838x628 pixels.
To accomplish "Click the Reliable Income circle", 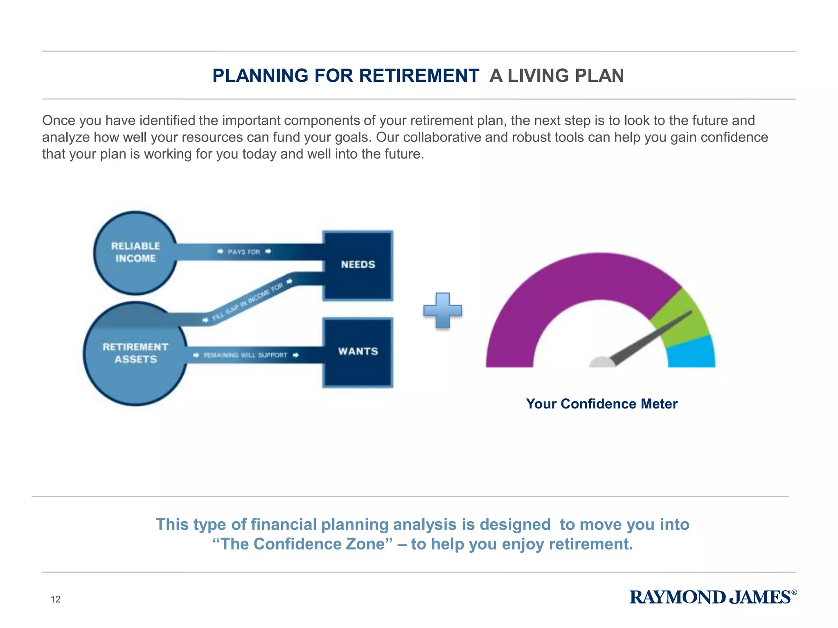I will (135, 253).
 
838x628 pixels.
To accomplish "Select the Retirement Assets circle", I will (135, 354).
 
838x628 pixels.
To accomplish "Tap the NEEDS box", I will (358, 265).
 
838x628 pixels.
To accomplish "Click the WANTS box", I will (358, 352).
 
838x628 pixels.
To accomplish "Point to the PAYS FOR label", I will (244, 252).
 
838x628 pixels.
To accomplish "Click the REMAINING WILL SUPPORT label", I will (246, 355).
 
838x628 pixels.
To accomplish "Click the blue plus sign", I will (442, 311).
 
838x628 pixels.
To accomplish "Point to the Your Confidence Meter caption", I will (601, 404).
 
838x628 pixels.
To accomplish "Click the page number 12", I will (55, 599).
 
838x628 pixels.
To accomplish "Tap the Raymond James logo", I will (712, 597).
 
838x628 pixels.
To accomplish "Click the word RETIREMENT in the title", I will (419, 76).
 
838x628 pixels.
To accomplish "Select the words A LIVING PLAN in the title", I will (556, 76).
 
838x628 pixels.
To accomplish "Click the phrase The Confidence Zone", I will (302, 544).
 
